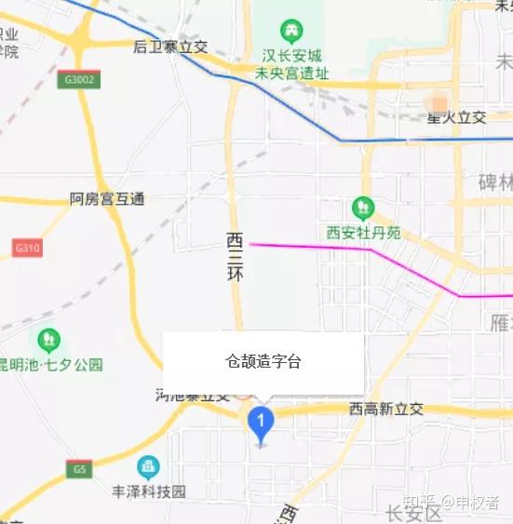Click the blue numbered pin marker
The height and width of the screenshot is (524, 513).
pyautogui.click(x=262, y=424)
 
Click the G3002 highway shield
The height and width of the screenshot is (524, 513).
pyautogui.click(x=77, y=81)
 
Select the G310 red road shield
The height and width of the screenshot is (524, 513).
pyautogui.click(x=28, y=249)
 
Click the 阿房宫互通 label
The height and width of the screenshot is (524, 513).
pyautogui.click(x=108, y=199)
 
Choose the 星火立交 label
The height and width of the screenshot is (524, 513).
pyautogui.click(x=456, y=117)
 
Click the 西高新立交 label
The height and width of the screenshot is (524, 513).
pyautogui.click(x=386, y=409)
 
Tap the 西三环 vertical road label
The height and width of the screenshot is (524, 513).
pyautogui.click(x=235, y=257)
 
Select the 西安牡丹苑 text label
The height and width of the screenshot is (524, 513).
pyautogui.click(x=363, y=233)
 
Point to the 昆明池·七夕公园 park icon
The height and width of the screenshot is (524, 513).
pyautogui.click(x=48, y=340)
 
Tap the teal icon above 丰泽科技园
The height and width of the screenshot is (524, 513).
pyautogui.click(x=147, y=466)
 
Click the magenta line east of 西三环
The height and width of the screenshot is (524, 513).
pyautogui.click(x=317, y=247)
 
